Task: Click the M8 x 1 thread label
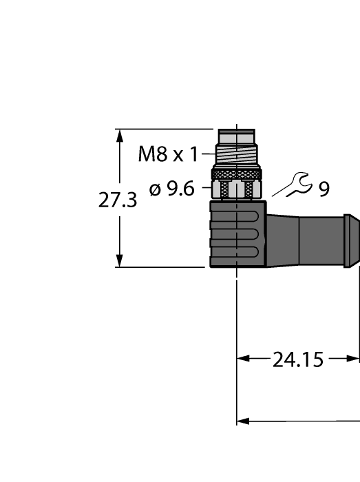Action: [x=167, y=154]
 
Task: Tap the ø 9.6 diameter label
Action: [x=172, y=188]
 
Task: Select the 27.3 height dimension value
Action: [x=118, y=200]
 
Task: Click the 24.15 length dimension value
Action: [x=297, y=359]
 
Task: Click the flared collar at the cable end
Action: [x=350, y=238]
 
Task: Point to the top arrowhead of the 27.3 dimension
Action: [x=120, y=134]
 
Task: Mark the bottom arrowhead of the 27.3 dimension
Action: [x=120, y=261]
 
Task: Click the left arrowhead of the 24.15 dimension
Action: [x=242, y=359]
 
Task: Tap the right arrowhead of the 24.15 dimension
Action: [x=354, y=359]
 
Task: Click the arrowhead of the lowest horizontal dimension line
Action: [x=242, y=421]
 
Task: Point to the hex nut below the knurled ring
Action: [x=237, y=188]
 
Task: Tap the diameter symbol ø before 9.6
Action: [x=155, y=188]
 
